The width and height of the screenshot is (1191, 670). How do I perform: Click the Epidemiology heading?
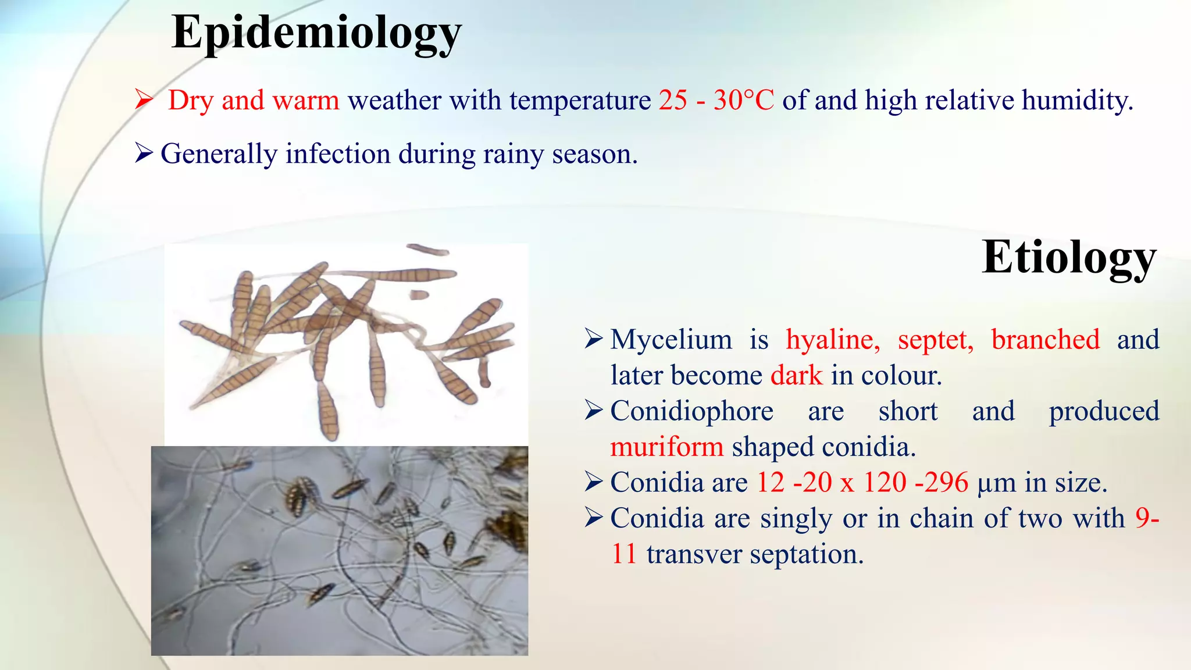[x=316, y=34]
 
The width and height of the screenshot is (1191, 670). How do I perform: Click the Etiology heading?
[x=1069, y=257]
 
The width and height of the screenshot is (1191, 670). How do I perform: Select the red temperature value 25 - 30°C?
[x=716, y=100]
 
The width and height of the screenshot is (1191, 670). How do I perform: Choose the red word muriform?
[x=667, y=447]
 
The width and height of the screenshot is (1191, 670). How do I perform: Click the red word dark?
[x=796, y=376]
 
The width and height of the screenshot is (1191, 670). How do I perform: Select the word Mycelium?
[x=671, y=340]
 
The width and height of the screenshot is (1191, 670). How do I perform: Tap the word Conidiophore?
[x=691, y=411]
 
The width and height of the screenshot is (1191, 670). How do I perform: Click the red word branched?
[x=1045, y=340]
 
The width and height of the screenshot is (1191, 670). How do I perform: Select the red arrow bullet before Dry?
[x=144, y=99]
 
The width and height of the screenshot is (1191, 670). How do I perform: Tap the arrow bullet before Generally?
[x=144, y=154]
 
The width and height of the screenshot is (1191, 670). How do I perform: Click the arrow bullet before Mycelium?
[x=594, y=338]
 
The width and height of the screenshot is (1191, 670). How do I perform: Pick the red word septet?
[x=935, y=340]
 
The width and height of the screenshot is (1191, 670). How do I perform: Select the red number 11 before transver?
[x=623, y=554]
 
